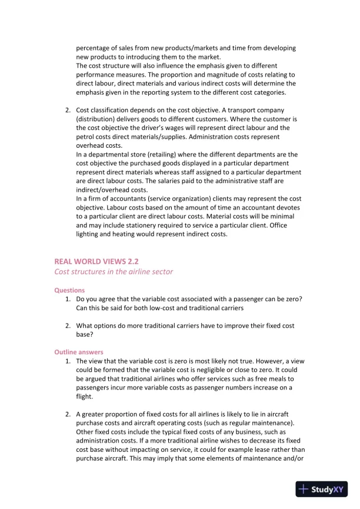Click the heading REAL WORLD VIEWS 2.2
[96, 261]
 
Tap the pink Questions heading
[69, 290]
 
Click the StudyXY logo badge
[321, 489]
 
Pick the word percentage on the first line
[96, 48]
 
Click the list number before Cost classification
[68, 110]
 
